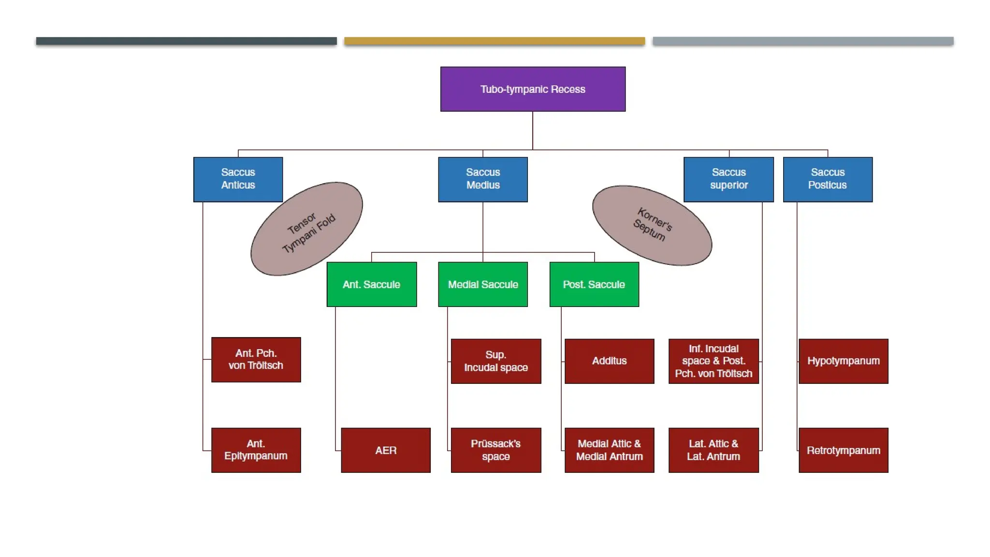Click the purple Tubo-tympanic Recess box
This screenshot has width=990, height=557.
pos(533,89)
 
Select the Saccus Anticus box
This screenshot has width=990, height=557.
pos(238,179)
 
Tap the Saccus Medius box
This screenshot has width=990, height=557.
pos(482,179)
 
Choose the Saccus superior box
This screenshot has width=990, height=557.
pos(728,179)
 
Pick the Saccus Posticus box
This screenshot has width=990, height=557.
pos(828,179)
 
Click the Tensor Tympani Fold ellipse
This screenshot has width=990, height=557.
pos(306,229)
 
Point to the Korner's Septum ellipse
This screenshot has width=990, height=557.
pos(652,225)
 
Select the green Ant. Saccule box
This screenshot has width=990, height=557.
pos(371,284)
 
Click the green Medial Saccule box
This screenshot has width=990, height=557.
pos(482,284)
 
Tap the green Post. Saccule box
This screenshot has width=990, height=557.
pos(594,284)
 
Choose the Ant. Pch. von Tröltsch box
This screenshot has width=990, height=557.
pos(256,360)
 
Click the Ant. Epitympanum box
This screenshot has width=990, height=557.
pos(256,450)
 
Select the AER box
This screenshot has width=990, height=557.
pos(385,450)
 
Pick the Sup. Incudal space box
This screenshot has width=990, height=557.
pos(495,361)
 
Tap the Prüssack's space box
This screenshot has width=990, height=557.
pos(495,450)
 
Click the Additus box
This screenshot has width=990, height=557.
pos(609,361)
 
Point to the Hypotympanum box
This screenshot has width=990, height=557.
pos(843,361)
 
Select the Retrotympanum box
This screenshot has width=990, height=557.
pos(843,450)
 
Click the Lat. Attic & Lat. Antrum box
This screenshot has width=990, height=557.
pos(713,450)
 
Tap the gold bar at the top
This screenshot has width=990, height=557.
pos(494,41)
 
